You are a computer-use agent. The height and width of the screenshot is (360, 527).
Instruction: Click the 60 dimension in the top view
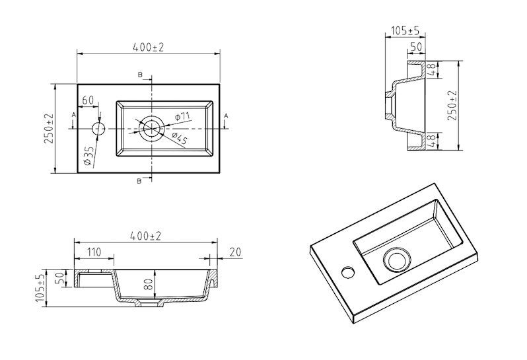pyautogui.click(x=88, y=100)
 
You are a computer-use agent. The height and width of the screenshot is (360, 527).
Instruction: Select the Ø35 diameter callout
pyautogui.click(x=88, y=156)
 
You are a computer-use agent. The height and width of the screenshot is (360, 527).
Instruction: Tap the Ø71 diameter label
pyautogui.click(x=182, y=116)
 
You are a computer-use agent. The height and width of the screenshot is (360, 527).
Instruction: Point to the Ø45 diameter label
pyautogui.click(x=179, y=139)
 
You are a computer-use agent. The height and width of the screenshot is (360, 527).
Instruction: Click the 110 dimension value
pyautogui.click(x=94, y=252)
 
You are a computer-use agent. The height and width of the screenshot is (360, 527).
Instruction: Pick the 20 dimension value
pyautogui.click(x=236, y=252)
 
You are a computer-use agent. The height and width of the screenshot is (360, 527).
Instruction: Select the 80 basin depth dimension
pyautogui.click(x=150, y=284)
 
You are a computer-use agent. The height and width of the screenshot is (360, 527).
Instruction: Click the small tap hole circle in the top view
pyautogui.click(x=99, y=128)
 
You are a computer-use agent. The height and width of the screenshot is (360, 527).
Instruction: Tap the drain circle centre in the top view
pyautogui.click(x=152, y=128)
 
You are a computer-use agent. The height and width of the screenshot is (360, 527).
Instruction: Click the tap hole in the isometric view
pyautogui.click(x=348, y=271)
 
